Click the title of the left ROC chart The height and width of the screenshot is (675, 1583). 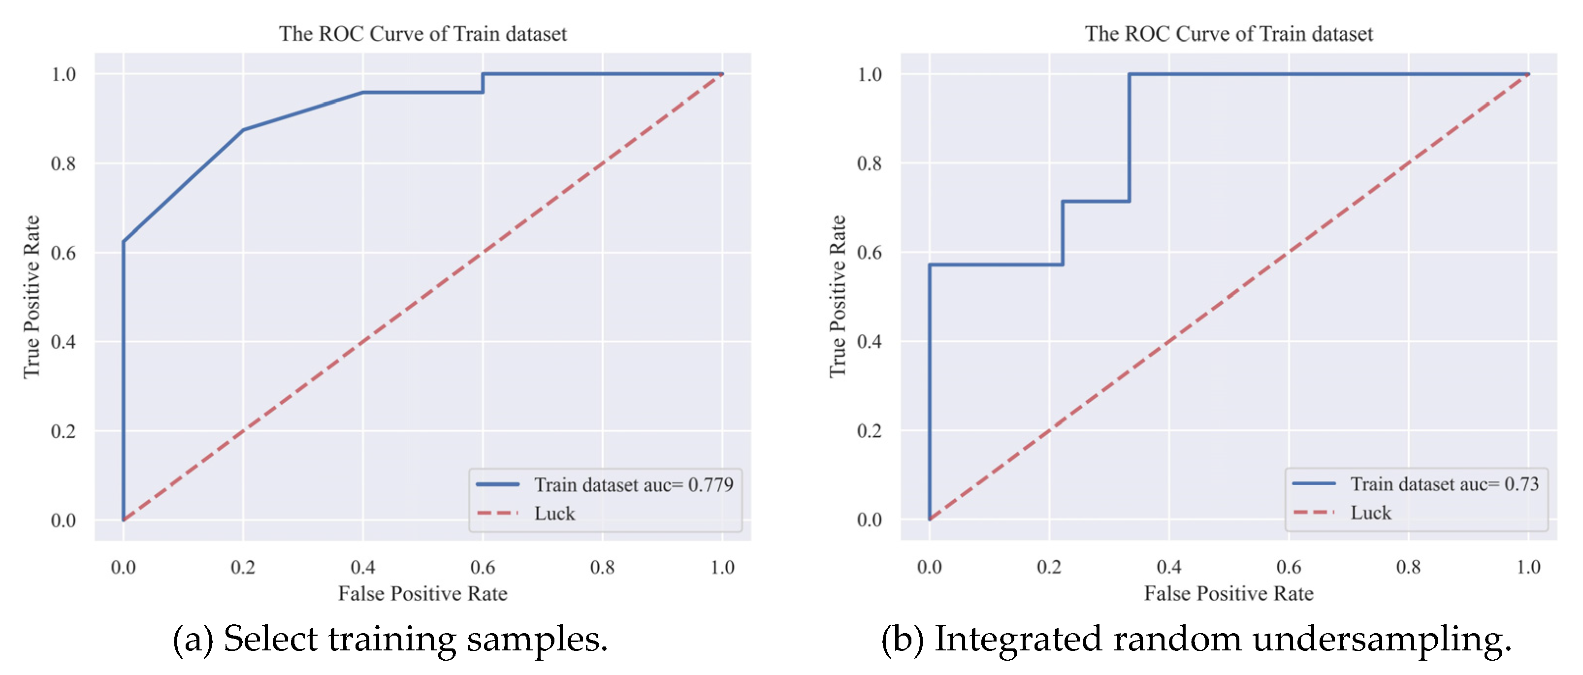click(423, 34)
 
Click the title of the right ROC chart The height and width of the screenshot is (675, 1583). click(1228, 34)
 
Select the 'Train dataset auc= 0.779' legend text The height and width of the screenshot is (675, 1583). click(634, 484)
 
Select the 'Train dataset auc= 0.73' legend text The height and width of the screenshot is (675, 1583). click(1444, 484)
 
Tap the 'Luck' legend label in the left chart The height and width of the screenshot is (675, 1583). click(554, 514)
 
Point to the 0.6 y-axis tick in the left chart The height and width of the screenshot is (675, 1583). click(64, 253)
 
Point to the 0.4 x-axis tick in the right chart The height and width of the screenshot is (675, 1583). click(1169, 566)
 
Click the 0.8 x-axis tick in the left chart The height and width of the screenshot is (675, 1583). click(602, 567)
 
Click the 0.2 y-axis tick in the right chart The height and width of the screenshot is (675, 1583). click(869, 430)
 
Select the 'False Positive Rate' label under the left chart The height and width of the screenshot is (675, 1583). click(423, 593)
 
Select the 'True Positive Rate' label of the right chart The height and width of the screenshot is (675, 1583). click(838, 297)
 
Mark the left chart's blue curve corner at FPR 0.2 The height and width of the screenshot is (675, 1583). click(243, 130)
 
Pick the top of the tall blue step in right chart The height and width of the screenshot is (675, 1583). click(1130, 74)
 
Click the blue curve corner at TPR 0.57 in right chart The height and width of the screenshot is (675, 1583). click(930, 265)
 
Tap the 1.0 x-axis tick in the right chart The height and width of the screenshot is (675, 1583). click(1528, 566)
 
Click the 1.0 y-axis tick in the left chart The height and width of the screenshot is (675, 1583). click(64, 74)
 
